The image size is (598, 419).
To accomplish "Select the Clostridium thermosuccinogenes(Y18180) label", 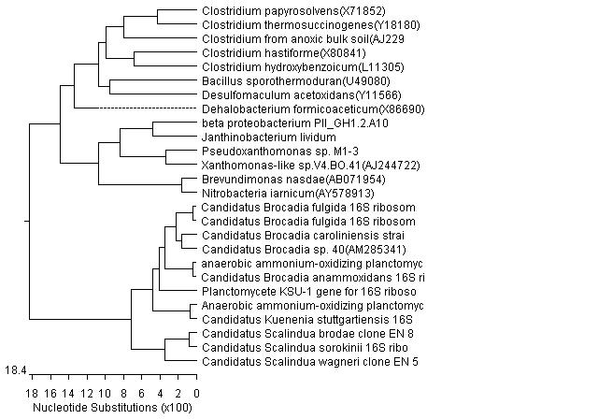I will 282,26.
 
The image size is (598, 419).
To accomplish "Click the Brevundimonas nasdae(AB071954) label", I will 266,179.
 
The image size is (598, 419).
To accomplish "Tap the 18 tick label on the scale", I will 31,393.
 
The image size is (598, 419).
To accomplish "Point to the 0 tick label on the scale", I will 196,393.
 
